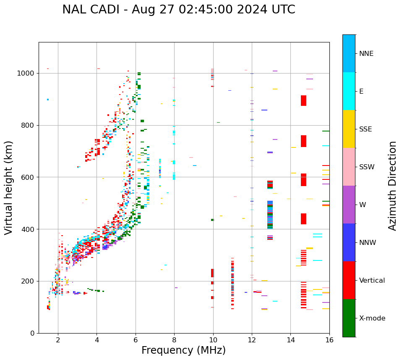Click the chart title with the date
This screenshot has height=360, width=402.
tap(178, 10)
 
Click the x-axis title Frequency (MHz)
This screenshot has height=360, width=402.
tap(183, 350)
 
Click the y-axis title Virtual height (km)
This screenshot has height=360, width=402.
tap(9, 187)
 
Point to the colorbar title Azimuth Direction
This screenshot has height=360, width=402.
tap(392, 186)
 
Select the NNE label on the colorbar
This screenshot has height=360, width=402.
tap(366, 54)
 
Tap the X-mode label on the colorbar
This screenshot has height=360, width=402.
tap(372, 318)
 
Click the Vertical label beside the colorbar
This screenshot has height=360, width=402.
tap(372, 281)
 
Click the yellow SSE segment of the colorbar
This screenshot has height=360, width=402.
tap(349, 129)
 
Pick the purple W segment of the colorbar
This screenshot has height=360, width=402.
tap(349, 205)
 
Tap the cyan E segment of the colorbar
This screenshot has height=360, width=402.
tap(349, 91)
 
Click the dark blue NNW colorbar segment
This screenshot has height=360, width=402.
tap(349, 242)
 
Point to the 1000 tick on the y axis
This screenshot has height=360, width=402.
tap(26, 74)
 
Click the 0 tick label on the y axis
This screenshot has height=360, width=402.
tap(32, 333)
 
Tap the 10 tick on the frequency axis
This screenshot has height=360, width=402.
tap(213, 340)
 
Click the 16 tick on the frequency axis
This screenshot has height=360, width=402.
tap(329, 340)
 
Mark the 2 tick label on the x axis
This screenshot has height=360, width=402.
tap(58, 340)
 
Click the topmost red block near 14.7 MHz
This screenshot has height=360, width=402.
tap(303, 100)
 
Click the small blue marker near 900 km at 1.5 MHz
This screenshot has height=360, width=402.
tap(48, 100)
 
